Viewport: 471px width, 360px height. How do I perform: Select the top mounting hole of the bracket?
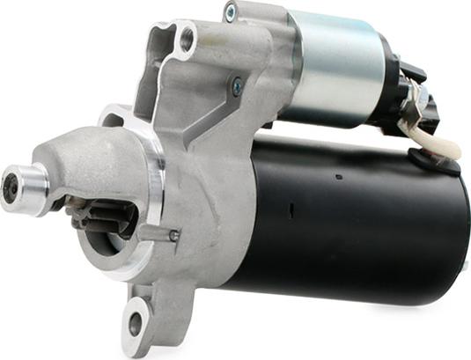(x=186, y=39)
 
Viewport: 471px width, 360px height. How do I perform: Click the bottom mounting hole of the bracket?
(x=136, y=323)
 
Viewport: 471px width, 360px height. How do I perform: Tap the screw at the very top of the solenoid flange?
(x=231, y=12)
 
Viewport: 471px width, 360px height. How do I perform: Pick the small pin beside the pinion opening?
(x=173, y=235)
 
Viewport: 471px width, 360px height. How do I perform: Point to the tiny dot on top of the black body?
(x=336, y=177)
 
